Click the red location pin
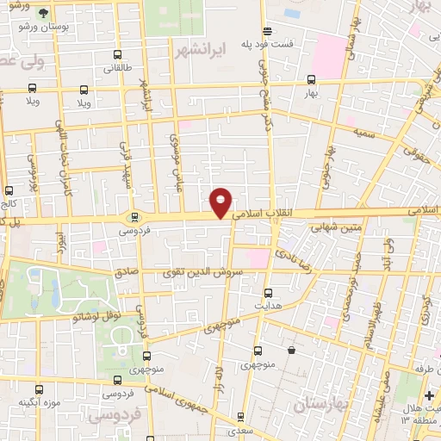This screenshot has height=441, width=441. coord(221,203)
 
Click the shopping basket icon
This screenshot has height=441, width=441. coord(292,351)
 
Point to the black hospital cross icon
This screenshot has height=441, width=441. coord(429,395)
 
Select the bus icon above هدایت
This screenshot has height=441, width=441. coord(267,293)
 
